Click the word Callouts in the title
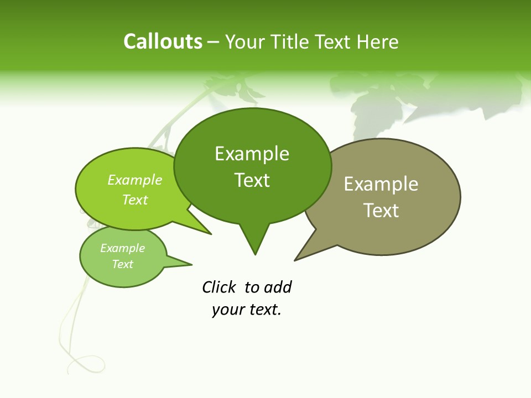(x=163, y=42)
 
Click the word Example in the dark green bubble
(x=252, y=154)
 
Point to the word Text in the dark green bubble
(x=252, y=180)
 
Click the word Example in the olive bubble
(x=381, y=184)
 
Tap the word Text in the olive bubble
(x=381, y=211)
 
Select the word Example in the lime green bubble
(x=135, y=180)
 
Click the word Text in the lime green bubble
(x=135, y=200)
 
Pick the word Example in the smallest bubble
(x=123, y=248)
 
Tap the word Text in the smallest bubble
(x=123, y=264)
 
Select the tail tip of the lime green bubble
(x=210, y=234)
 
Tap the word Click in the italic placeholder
(x=219, y=287)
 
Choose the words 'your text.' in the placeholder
(x=247, y=310)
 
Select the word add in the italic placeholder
(x=278, y=287)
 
